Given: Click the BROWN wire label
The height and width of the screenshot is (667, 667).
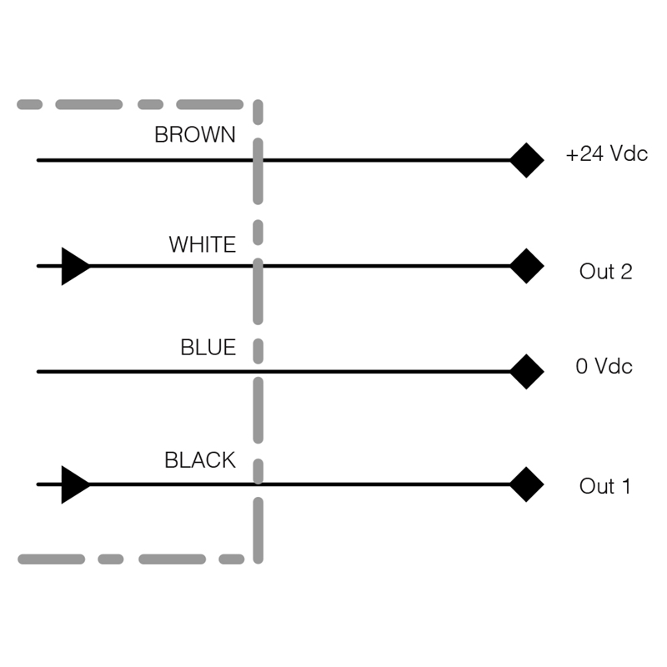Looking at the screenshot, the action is click(195, 134).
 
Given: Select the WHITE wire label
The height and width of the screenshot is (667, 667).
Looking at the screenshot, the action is click(203, 244).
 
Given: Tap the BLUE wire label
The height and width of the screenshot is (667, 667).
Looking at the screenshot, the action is click(208, 347).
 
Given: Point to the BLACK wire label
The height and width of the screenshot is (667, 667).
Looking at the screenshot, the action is click(200, 460).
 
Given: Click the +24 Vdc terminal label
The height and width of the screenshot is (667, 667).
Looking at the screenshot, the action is click(607, 153).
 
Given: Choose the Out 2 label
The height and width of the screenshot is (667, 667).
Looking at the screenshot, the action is click(606, 272).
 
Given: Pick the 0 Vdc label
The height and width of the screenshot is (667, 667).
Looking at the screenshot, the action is click(604, 366).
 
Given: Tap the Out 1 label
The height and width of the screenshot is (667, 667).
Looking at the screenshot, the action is click(604, 486).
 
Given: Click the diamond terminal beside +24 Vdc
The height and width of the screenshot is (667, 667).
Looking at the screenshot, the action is click(527, 160).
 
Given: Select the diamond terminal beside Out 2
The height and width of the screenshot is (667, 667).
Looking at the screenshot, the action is click(527, 266).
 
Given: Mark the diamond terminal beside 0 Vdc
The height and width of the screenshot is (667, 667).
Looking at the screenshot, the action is click(527, 371).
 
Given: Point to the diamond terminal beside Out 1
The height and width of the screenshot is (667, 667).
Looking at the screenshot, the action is click(527, 484).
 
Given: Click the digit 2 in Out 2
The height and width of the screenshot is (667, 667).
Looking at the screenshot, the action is click(627, 272).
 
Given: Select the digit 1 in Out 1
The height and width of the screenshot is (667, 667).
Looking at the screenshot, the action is click(626, 486).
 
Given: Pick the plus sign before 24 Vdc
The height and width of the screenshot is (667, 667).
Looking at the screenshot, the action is click(572, 155).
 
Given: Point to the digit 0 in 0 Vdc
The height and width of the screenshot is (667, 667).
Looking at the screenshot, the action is click(581, 366).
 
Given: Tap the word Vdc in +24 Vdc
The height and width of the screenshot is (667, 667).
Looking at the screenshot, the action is click(629, 153).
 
